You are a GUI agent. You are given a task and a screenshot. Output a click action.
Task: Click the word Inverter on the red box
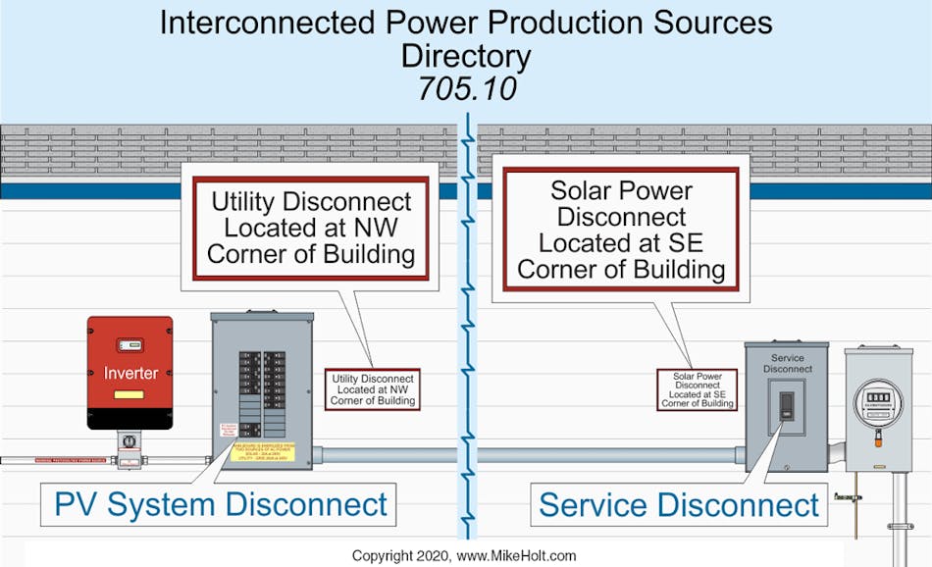[x=130, y=374]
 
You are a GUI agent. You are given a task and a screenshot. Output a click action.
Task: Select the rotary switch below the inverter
[x=129, y=443]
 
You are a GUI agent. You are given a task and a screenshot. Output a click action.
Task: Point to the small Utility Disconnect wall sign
[x=374, y=389]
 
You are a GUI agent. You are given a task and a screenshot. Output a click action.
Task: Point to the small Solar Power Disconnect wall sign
[x=697, y=389]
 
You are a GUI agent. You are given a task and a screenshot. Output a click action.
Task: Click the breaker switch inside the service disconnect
[x=787, y=406]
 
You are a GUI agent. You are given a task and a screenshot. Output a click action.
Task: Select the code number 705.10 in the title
[x=465, y=88]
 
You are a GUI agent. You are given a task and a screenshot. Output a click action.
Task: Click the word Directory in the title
[x=465, y=55]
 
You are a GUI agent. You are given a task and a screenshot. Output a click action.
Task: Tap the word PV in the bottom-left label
[x=76, y=505]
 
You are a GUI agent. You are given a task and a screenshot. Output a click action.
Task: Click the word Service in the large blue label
[x=599, y=505]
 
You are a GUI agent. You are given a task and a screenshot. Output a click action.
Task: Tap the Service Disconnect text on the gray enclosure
[x=787, y=363]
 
